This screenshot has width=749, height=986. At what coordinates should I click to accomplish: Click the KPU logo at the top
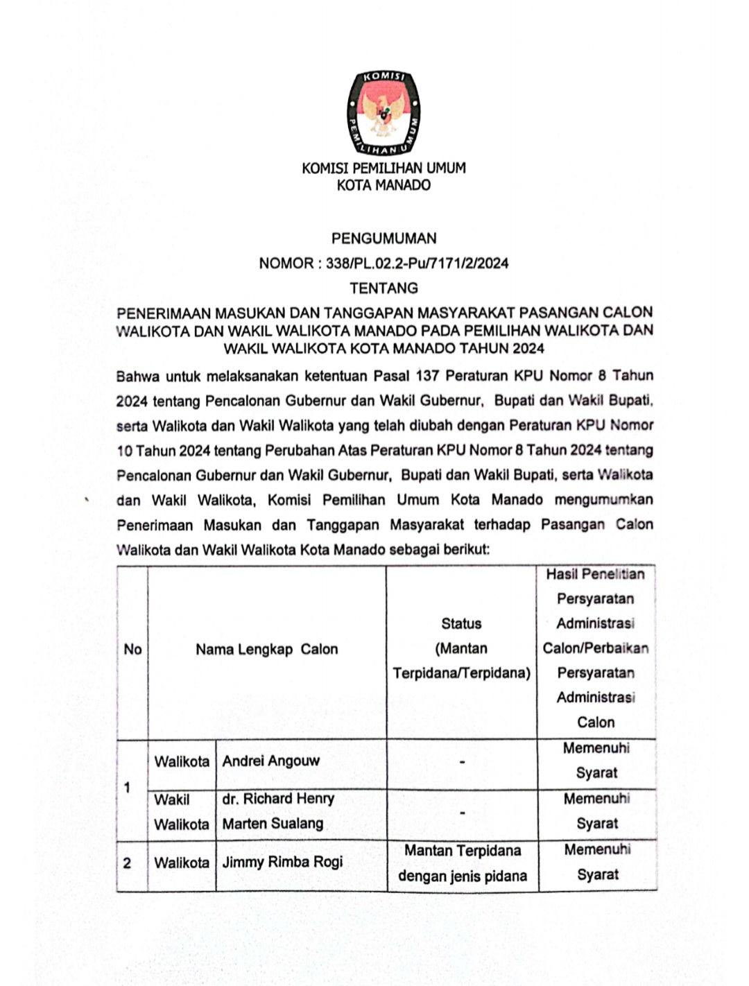(x=384, y=112)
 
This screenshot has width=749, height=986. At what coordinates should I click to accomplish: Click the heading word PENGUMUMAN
(x=384, y=239)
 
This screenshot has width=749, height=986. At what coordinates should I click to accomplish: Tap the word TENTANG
(x=384, y=288)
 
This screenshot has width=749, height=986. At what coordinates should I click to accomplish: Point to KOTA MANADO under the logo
(x=384, y=185)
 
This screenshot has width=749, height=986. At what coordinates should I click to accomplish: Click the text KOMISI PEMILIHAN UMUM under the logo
(x=384, y=168)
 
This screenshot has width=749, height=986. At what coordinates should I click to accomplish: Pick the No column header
(x=132, y=650)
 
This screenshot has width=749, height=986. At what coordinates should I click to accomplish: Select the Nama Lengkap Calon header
(x=266, y=650)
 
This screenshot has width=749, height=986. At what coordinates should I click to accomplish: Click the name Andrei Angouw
(x=271, y=761)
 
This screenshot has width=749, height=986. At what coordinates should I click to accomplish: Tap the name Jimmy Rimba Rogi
(x=282, y=863)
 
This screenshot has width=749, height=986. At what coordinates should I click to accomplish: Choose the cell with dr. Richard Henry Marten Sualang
(x=277, y=811)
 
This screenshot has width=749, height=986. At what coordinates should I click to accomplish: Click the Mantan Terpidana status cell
(x=463, y=863)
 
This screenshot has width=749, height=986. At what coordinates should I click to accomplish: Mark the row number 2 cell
(x=127, y=863)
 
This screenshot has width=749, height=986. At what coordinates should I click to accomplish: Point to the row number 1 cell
(x=127, y=788)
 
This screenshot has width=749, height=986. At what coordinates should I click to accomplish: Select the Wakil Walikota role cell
(x=181, y=812)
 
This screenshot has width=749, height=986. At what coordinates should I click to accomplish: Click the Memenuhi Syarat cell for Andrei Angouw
(x=596, y=761)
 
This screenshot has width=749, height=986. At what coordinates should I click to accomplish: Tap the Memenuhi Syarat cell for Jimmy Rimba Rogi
(x=597, y=862)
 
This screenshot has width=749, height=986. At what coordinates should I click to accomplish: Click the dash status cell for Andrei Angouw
(x=462, y=762)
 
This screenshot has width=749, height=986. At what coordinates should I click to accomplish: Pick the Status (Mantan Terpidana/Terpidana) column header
(x=461, y=649)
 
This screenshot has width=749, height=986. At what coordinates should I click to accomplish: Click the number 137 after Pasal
(x=427, y=376)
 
